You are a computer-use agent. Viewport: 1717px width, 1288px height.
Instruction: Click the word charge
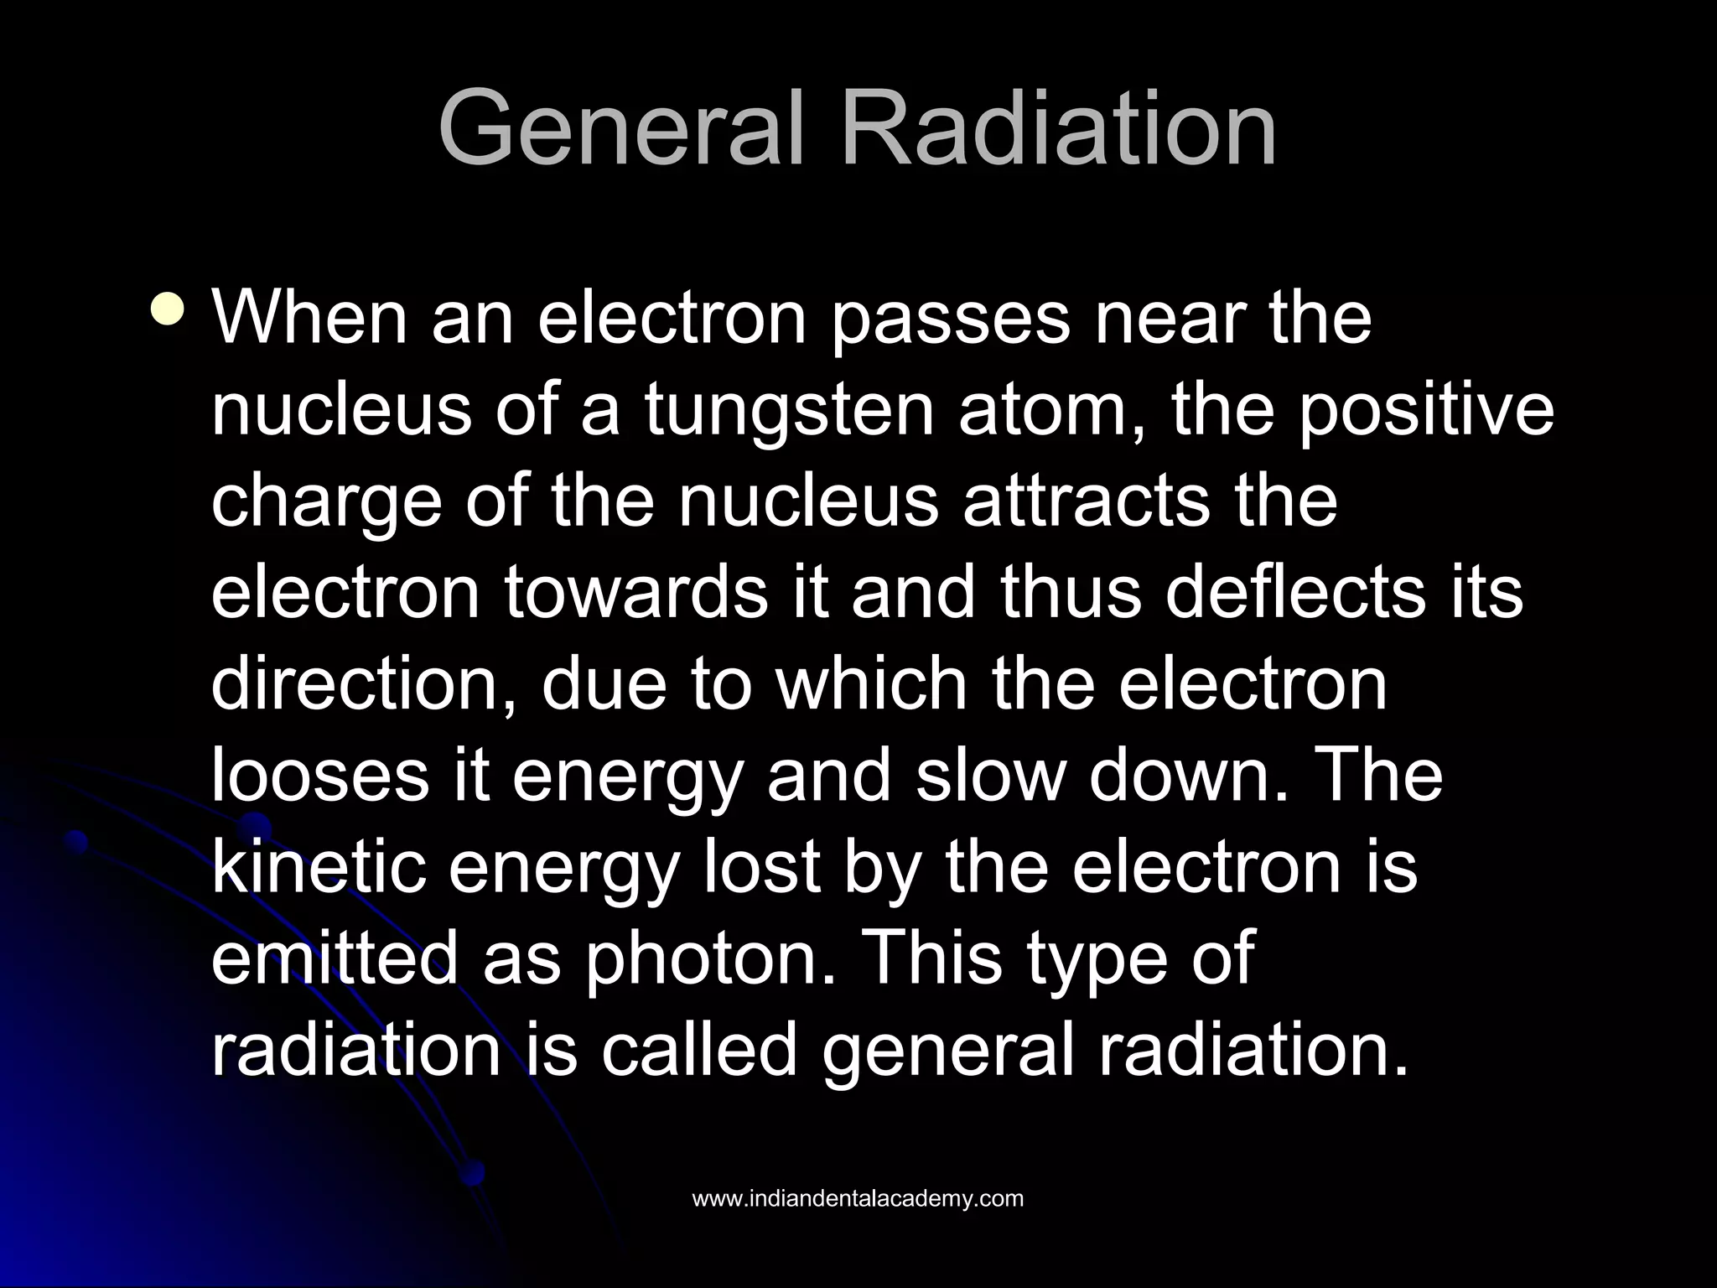[325, 503]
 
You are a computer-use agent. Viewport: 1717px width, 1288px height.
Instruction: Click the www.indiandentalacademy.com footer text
[858, 1198]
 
